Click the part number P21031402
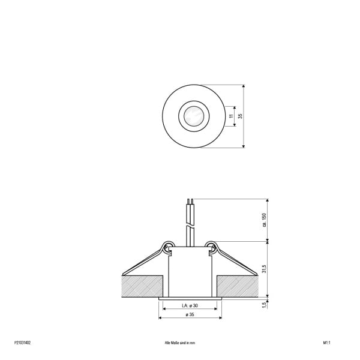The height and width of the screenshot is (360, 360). click(x=22, y=343)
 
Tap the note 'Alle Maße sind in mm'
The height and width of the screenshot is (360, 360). click(x=180, y=343)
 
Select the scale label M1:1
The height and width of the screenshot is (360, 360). click(x=326, y=343)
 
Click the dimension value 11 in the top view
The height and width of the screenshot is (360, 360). click(x=231, y=116)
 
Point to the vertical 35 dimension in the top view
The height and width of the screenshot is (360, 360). click(x=240, y=116)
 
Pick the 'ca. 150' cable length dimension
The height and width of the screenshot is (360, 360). click(x=264, y=220)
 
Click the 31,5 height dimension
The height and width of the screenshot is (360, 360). click(x=264, y=269)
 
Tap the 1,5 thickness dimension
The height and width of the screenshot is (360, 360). click(x=264, y=305)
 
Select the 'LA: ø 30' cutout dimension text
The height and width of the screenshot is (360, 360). click(x=190, y=305)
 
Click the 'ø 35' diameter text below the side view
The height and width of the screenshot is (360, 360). click(x=190, y=314)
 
